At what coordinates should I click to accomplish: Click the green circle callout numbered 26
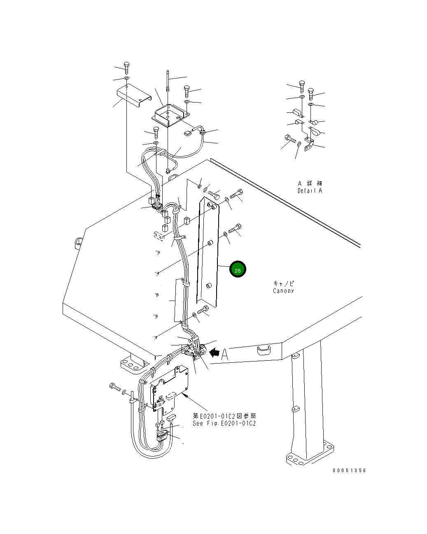[238, 269]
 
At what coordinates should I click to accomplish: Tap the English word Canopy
[283, 291]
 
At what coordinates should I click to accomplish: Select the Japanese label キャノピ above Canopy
[284, 283]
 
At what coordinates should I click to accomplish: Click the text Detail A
[310, 191]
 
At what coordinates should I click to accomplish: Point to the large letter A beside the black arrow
[224, 354]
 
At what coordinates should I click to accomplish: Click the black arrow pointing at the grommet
[214, 352]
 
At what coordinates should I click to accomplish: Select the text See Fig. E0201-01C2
[224, 423]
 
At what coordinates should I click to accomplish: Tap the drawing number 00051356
[349, 470]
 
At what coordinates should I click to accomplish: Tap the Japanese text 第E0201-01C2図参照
[224, 416]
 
